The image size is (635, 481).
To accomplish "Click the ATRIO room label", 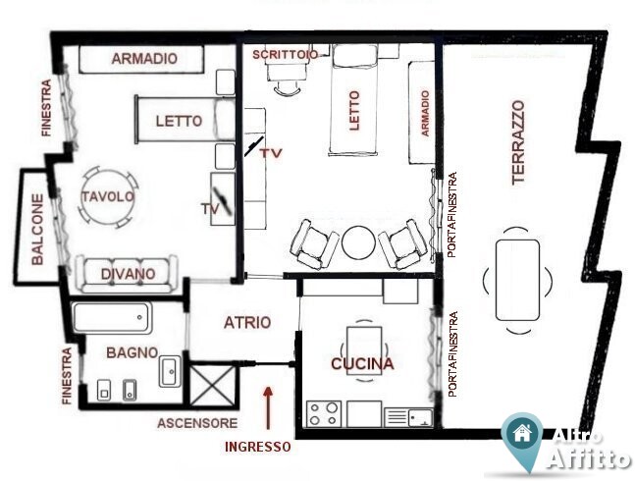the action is click(247, 323).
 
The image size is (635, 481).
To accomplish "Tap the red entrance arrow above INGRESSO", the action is click(268, 407).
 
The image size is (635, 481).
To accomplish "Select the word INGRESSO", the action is click(258, 447).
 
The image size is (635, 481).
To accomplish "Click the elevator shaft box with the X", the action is click(212, 386).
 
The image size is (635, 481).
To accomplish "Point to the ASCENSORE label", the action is click(197, 423).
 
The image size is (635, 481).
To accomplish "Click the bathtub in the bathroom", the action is click(113, 317).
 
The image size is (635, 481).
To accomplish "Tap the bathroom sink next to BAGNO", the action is click(170, 371).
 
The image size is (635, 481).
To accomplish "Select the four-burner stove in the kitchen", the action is click(324, 413).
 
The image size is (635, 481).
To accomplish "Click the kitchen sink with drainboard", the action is click(408, 417).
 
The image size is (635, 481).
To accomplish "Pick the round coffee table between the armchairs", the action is click(358, 242).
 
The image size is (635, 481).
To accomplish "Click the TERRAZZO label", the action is click(518, 143).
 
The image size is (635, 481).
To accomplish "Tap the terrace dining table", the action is click(517, 280).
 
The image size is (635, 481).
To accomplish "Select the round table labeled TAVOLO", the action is click(108, 196).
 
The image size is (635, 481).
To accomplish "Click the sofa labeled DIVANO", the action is click(128, 274).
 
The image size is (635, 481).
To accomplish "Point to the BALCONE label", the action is click(37, 230).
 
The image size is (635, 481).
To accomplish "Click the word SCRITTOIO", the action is click(285, 54).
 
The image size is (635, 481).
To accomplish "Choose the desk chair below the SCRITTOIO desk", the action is click(288, 87).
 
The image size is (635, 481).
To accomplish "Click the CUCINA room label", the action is click(362, 363).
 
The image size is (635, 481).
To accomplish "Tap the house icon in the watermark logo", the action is click(522, 433).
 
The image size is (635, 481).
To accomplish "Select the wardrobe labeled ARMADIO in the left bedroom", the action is click(141, 59).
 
